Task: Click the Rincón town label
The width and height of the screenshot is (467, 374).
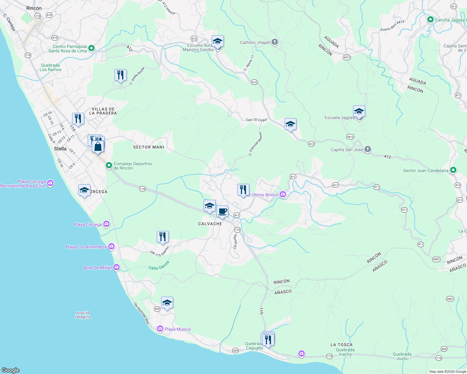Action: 34,8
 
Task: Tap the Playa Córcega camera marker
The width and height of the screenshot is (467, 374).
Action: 106,224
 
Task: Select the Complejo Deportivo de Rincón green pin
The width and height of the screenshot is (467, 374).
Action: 109,165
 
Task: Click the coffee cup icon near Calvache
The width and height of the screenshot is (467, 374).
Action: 222,212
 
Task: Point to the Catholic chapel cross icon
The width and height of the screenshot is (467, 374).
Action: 275,42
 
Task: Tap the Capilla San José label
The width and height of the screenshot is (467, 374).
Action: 347,150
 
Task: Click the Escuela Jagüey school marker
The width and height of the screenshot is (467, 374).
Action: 359,112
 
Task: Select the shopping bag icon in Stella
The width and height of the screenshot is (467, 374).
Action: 98,146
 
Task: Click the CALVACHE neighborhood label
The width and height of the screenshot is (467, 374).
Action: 210,224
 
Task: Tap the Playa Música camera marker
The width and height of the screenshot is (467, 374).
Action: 160,329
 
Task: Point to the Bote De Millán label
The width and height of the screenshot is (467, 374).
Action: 98,268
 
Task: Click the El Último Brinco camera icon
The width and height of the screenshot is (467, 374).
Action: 283,194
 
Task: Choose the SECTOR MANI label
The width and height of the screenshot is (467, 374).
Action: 149,147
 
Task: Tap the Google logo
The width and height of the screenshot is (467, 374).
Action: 11,370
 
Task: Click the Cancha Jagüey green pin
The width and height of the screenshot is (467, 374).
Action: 430,20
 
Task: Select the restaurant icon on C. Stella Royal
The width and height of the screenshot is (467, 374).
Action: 120,75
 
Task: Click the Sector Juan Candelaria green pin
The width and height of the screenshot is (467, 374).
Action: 453,170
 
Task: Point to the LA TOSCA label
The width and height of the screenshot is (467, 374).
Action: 342,345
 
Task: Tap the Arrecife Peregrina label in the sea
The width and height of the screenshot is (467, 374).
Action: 83,315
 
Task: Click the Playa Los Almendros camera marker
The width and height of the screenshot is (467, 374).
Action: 111,247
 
